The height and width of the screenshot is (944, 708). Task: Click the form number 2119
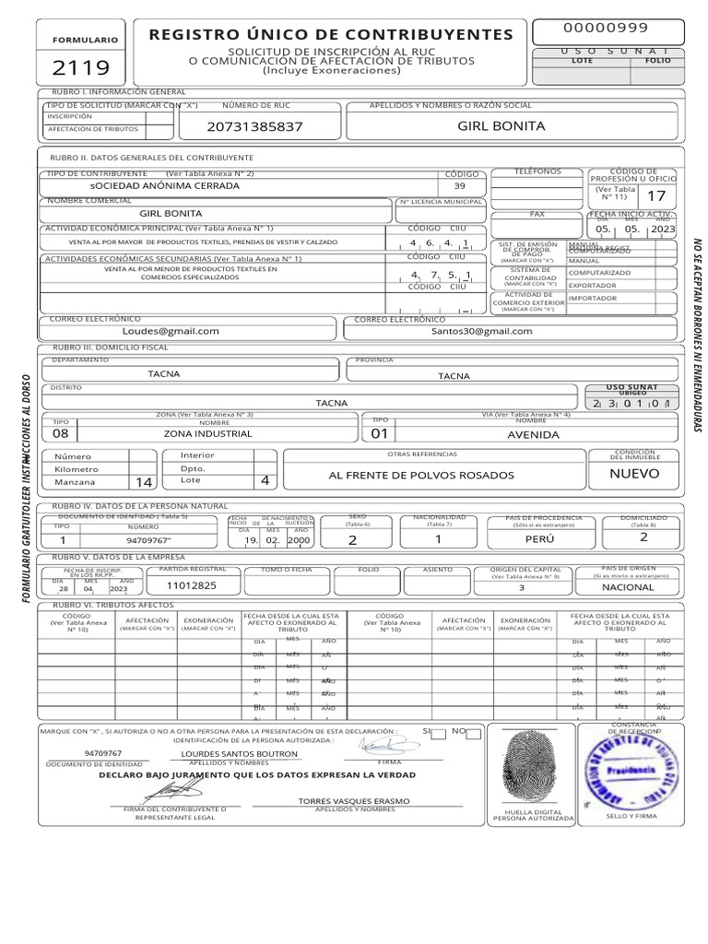(x=81, y=67)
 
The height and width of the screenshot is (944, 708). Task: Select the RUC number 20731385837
(x=254, y=125)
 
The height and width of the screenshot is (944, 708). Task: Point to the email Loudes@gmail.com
(x=171, y=330)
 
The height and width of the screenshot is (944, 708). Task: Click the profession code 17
(x=655, y=195)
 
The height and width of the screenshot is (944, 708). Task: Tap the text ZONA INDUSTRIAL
(x=202, y=434)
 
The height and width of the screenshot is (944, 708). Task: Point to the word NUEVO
(x=635, y=474)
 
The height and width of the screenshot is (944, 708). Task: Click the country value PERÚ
(x=539, y=540)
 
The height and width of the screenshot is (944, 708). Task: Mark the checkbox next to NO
(x=473, y=734)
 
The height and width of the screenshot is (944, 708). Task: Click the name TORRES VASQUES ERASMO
(x=354, y=801)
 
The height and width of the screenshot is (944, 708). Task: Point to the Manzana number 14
(x=143, y=482)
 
